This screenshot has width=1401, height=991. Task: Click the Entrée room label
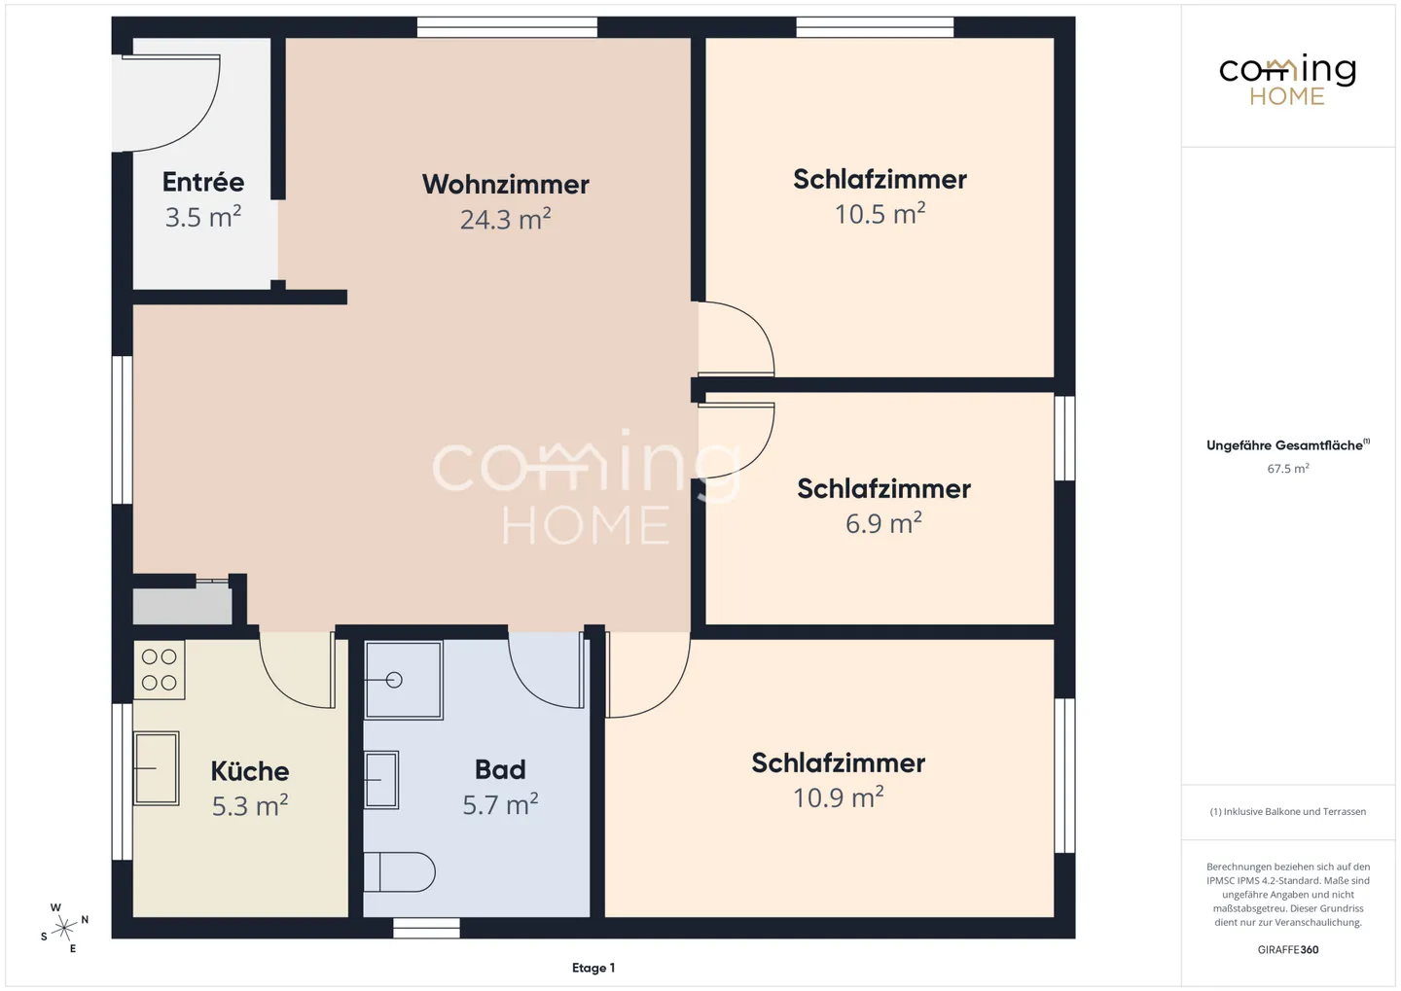coord(202,182)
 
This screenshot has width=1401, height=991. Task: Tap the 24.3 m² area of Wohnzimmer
coord(505,220)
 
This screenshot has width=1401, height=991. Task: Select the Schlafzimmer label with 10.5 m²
coord(880,180)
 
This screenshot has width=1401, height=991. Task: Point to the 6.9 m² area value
coord(882,524)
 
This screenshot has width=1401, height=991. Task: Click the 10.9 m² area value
coord(838,798)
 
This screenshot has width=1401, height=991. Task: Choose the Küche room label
coord(250,771)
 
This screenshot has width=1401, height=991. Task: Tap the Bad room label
coord(500,769)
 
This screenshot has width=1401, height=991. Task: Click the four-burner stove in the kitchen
coord(160,670)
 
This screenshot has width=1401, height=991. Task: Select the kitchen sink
coord(156,768)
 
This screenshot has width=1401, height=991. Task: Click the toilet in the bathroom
coord(399,872)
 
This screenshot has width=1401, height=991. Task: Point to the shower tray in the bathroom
coord(403,680)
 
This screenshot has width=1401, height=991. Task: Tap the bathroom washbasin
coord(381,780)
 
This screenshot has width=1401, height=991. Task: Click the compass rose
coord(64,928)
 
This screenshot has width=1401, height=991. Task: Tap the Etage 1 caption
coord(593,968)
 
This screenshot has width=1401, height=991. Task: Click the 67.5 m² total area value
coord(1287,469)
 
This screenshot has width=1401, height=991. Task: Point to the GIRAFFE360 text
coord(1287,949)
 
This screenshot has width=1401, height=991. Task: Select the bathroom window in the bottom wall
coord(426,929)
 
